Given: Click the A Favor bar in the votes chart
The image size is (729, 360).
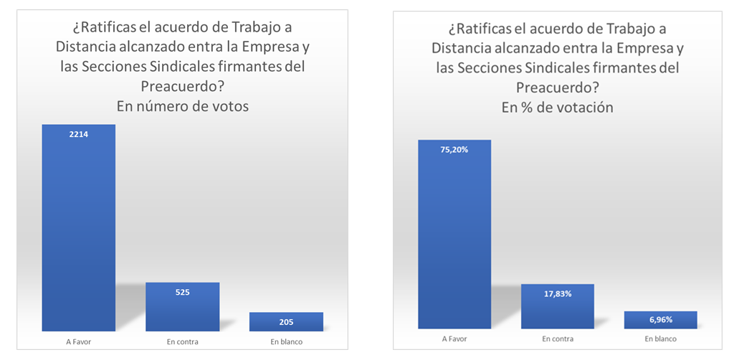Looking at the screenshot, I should tap(78, 229).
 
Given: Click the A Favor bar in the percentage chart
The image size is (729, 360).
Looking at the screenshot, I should tap(454, 237).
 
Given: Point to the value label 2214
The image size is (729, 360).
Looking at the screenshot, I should tap(79, 134).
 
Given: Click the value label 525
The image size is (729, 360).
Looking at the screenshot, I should tap(182, 292).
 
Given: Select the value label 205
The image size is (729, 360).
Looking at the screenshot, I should tap(286, 321).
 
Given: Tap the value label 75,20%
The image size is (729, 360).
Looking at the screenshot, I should tap(454, 149).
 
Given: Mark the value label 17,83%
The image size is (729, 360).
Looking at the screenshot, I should tap(557, 293).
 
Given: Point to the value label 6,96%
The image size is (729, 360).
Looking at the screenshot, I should tap(660, 321).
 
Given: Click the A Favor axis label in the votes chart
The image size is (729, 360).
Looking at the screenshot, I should tap(78, 341).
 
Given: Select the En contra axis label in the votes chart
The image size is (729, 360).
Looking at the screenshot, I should tap(182, 341).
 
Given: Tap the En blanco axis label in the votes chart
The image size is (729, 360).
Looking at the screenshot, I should tap(286, 341).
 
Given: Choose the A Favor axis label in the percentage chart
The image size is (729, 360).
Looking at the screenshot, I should tap(454, 338).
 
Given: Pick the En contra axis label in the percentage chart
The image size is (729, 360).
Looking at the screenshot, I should tap(557, 338).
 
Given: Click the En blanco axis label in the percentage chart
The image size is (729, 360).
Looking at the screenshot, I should tap(660, 338).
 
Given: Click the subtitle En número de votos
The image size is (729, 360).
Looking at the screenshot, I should tap(182, 106).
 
